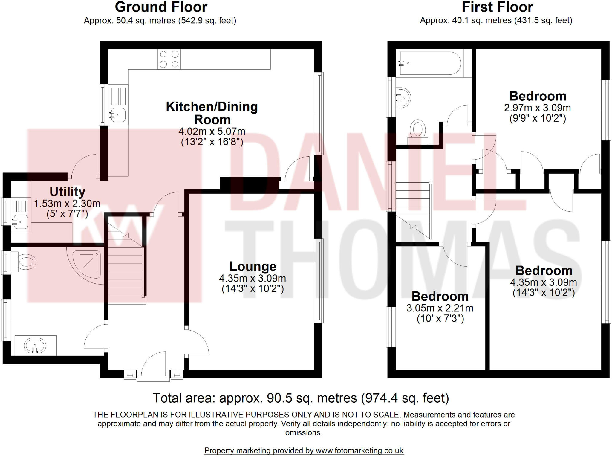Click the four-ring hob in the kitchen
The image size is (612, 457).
pyautogui.click(x=169, y=59)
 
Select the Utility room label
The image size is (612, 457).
pyautogui.click(x=67, y=192)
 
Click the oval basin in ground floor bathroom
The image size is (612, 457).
pyautogui.click(x=35, y=346)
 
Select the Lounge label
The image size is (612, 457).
pyautogui.click(x=253, y=266)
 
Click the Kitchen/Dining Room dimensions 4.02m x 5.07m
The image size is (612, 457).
pyautogui.click(x=212, y=131)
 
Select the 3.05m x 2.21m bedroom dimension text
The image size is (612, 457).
pyautogui.click(x=440, y=308)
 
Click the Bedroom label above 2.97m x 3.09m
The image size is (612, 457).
pyautogui.click(x=538, y=96)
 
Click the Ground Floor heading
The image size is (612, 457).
pyautogui.click(x=161, y=7)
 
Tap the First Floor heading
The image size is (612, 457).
pyautogui.click(x=497, y=7)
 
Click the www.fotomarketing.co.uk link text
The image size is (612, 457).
pyautogui.click(x=359, y=450)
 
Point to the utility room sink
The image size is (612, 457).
pyautogui.click(x=20, y=222)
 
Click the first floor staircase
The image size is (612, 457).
pyautogui.click(x=414, y=209)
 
